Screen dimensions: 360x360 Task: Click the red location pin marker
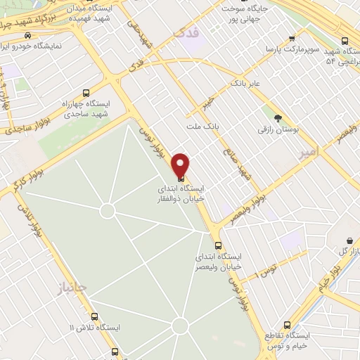pos(181,165)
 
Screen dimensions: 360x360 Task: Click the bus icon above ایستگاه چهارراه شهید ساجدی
pos(86,93)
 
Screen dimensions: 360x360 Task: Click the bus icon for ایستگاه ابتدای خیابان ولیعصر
pos(219,246)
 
